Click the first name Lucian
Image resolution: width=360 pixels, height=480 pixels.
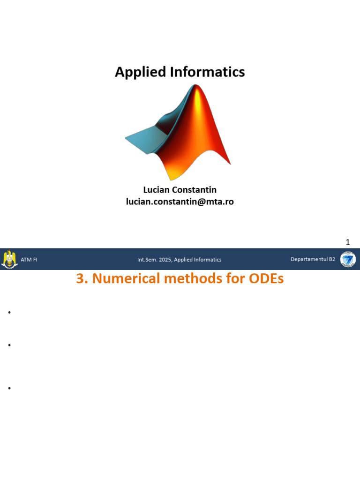pyautogui.click(x=156, y=190)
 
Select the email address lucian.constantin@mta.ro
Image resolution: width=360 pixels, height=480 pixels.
pyautogui.click(x=180, y=202)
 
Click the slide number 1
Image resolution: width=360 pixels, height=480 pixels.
pyautogui.click(x=348, y=242)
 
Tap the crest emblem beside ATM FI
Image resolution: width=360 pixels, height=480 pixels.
pyautogui.click(x=9, y=259)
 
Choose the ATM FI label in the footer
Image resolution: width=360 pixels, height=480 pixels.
pyautogui.click(x=29, y=260)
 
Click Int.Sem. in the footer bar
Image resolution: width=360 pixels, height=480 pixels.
pyautogui.click(x=147, y=260)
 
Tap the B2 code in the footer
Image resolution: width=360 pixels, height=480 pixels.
pyautogui.click(x=332, y=259)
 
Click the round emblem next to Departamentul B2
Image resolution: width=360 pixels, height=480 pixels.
pyautogui.click(x=348, y=259)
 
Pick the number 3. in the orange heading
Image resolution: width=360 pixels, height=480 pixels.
pyautogui.click(x=82, y=278)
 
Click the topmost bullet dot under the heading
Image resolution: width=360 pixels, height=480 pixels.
pyautogui.click(x=9, y=313)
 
